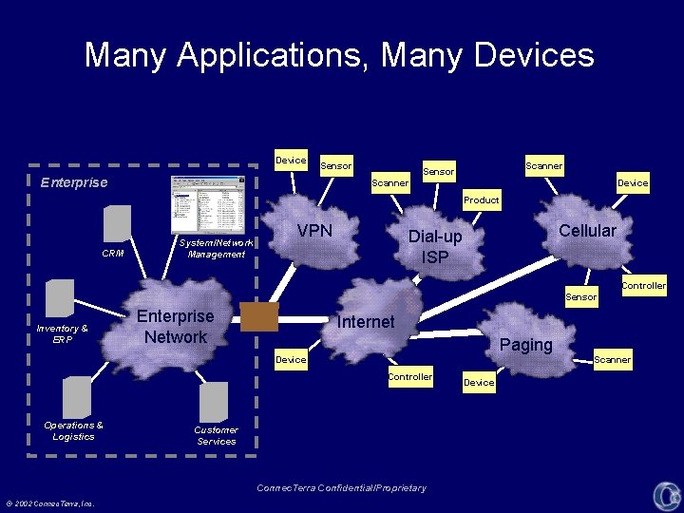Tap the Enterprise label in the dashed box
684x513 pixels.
click(74, 182)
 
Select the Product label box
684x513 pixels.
click(481, 200)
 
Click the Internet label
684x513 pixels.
click(366, 322)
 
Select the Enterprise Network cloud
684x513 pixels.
click(176, 327)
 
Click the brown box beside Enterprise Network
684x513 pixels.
click(259, 316)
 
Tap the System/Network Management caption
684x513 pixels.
click(217, 248)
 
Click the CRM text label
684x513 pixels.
click(113, 254)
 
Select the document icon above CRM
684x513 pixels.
click(117, 224)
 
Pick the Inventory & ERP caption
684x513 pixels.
click(62, 333)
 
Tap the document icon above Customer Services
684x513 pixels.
click(214, 402)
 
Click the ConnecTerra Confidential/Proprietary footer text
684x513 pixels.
click(342, 488)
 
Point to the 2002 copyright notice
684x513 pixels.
click(54, 503)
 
